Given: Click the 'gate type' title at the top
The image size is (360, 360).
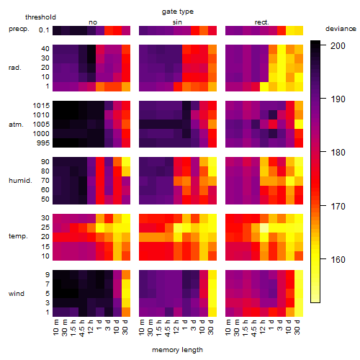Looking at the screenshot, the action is pos(178,12).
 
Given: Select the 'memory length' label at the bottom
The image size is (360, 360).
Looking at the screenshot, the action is pos(177,350).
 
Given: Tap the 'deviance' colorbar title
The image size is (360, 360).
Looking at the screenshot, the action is pos(341,29).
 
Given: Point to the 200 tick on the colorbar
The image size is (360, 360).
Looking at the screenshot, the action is pos(338,45).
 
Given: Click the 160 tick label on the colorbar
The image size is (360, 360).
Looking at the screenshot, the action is pos(338,259).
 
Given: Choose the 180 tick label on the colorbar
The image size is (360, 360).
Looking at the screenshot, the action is pos(338,153).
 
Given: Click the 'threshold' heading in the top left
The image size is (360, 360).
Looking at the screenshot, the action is pos(40,17).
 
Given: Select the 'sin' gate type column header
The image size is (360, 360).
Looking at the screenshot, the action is pos(177,22).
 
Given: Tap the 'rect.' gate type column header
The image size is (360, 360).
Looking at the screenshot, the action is pos(261,22).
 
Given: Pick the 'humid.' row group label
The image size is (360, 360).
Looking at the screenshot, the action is pos(20,180).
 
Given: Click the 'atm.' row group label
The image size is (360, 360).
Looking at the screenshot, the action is pos(16,125).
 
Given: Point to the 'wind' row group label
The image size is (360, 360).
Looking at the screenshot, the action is pos(17,293).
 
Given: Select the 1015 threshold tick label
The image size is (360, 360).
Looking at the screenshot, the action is pos(41,105).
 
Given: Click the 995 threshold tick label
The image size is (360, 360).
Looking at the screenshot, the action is pos(43,143).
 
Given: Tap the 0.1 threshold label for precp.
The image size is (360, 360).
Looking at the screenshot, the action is pos(44,30).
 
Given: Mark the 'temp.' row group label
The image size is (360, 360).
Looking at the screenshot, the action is pos(18,236).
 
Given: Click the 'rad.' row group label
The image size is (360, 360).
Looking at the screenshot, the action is pos(15,68).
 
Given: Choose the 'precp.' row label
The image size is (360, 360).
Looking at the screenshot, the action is pos(19,29).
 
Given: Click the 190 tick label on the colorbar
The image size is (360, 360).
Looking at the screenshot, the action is pos(338,99).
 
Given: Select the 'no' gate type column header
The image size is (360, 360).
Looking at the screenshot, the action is pos(93,22).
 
